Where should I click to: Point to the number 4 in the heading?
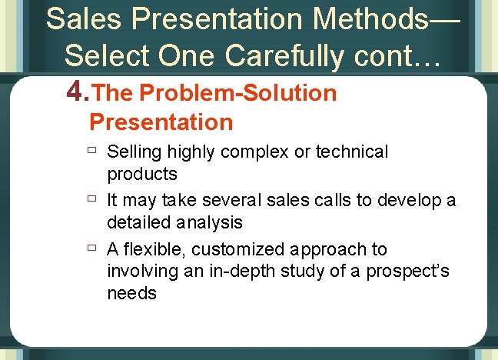click(75, 93)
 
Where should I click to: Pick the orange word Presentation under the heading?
click(161, 122)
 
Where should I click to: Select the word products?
click(142, 174)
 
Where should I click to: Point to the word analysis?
click(207, 222)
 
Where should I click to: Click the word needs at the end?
click(131, 292)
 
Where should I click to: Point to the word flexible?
click(154, 249)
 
